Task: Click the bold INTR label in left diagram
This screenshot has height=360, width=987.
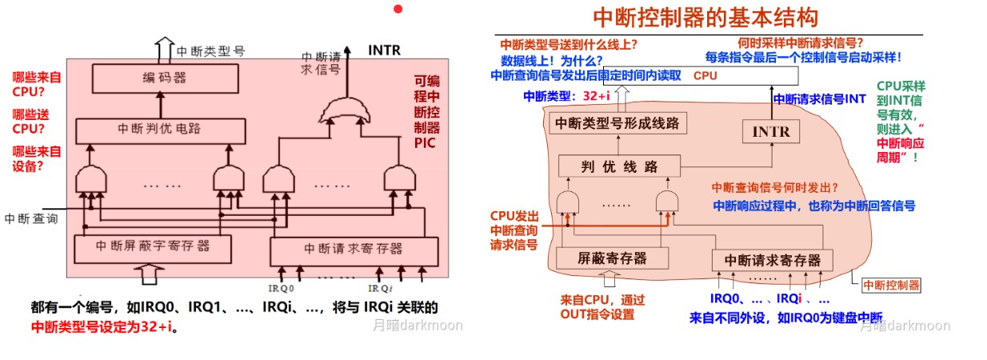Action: click(x=384, y=50)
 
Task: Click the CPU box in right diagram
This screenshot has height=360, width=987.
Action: click(x=705, y=76)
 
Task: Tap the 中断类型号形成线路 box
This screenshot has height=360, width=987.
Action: click(x=616, y=123)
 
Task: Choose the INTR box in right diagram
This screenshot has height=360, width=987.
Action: click(x=771, y=131)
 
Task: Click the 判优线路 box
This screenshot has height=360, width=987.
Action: click(x=618, y=166)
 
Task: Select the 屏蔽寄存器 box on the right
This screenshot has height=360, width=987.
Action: click(x=612, y=258)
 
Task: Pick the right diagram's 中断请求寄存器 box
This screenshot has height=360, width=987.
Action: click(x=772, y=260)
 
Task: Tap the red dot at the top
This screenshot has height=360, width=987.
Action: click(x=398, y=9)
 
